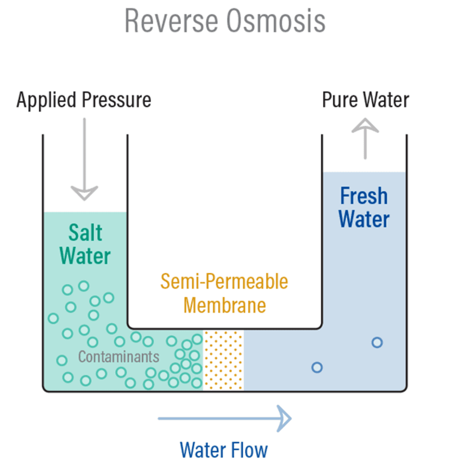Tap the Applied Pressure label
tap(84, 101)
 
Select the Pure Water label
tap(365, 100)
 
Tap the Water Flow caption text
tap(224, 450)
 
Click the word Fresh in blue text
tap(364, 196)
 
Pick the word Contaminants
tap(118, 357)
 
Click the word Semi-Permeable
tap(224, 282)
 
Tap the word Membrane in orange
tap(224, 305)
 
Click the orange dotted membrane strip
tap(223, 360)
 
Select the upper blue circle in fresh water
tap(377, 342)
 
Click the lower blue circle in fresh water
tap(317, 367)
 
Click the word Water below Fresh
tap(364, 219)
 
